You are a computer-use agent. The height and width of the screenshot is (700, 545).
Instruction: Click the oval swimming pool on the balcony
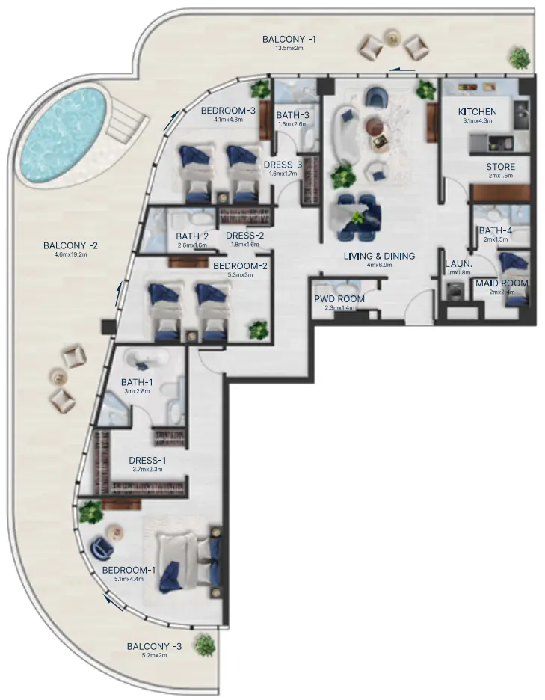64,137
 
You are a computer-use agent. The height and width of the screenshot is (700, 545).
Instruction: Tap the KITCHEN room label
477,112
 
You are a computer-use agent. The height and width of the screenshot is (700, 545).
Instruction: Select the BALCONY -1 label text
288,40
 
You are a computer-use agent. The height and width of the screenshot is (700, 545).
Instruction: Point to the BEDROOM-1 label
129,571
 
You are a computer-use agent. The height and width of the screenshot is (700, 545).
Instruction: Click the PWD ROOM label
339,299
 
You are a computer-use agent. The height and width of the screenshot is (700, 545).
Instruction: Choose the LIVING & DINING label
379,256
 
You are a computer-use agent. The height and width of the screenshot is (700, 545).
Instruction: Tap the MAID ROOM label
502,283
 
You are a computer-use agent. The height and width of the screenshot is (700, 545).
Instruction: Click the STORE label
500,167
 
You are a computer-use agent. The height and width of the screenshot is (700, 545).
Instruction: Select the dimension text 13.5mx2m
288,49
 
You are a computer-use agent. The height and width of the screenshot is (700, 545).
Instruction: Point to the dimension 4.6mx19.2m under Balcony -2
71,255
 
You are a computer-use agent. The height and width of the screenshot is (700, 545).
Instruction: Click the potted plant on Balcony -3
203,645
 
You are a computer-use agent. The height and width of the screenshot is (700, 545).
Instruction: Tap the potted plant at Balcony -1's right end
517,57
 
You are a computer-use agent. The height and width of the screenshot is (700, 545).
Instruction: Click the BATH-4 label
496,230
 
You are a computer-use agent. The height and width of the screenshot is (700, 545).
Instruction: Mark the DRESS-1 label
147,460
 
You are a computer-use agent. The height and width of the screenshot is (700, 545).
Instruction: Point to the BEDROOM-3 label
228,111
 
